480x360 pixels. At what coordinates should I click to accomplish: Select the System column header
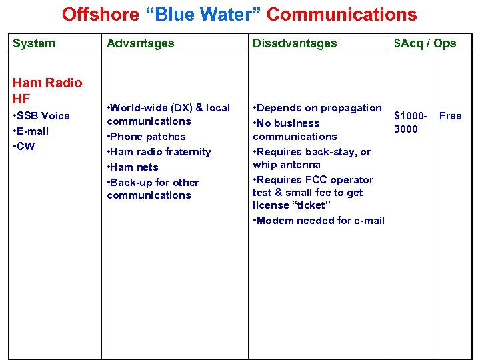[x=34, y=43]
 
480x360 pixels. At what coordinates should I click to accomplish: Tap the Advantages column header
[x=140, y=43]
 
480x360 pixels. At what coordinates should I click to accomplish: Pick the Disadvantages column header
[x=294, y=43]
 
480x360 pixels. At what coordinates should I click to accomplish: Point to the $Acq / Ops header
[x=425, y=43]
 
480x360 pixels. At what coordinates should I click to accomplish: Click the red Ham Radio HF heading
[x=47, y=91]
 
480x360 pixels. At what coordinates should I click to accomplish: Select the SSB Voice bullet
[x=43, y=116]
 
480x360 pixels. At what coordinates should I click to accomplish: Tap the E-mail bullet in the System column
[x=32, y=131]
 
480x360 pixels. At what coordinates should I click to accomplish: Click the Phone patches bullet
[x=147, y=137]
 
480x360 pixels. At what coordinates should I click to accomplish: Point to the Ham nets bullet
[x=134, y=167]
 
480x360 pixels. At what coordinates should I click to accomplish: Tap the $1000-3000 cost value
[x=409, y=122]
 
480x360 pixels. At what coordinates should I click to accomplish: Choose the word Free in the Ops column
[x=450, y=116]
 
